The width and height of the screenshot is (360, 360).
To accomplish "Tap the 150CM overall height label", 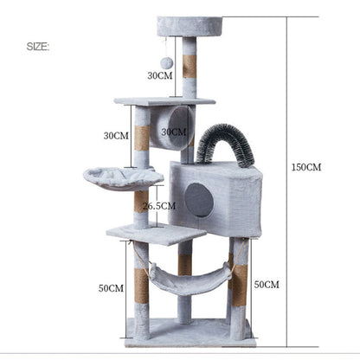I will click(305, 167).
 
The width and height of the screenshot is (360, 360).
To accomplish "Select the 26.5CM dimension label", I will click(159, 206).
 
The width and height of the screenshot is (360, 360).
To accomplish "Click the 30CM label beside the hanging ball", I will click(159, 75).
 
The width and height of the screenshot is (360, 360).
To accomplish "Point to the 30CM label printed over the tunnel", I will click(173, 132).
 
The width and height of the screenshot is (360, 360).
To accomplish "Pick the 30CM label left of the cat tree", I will click(115, 135).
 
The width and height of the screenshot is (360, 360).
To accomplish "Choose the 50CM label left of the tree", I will click(111, 287).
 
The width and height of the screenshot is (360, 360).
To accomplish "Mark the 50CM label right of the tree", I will click(267, 284).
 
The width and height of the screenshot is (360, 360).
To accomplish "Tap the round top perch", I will click(189, 26).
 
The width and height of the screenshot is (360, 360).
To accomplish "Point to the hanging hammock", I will click(185, 280).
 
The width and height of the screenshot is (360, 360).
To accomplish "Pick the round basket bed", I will click(122, 177).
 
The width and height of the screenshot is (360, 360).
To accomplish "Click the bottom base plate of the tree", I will click(190, 331).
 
